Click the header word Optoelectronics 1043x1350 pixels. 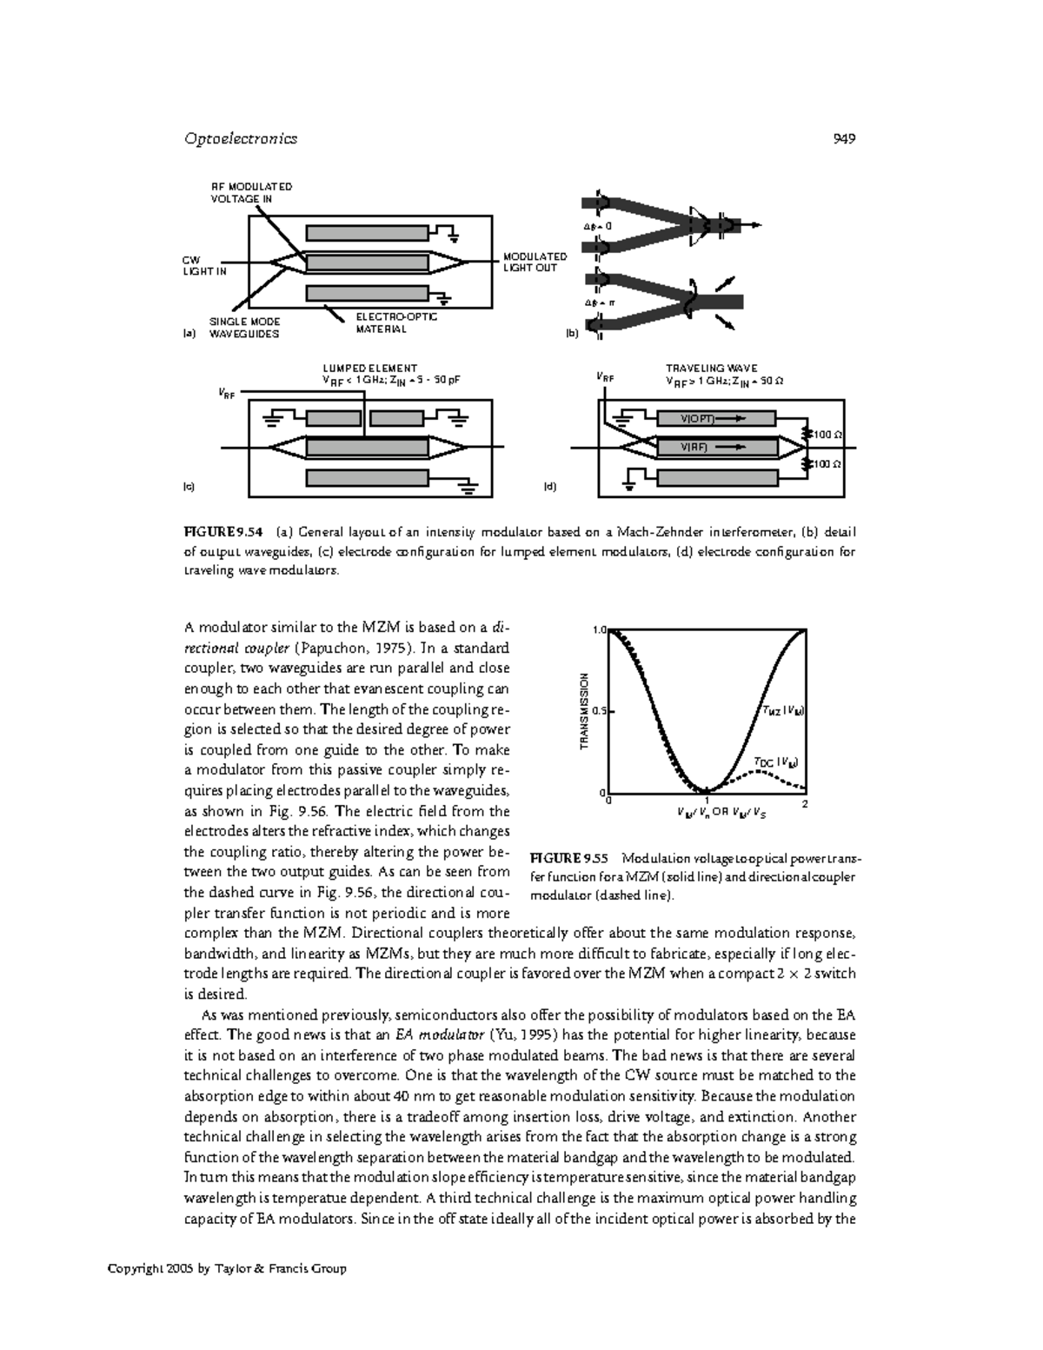[241, 138]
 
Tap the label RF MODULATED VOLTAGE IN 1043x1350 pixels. [251, 192]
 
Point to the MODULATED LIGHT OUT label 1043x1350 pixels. [535, 262]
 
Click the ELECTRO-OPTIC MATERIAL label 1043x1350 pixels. [395, 323]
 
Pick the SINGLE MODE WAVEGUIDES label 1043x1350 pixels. [244, 328]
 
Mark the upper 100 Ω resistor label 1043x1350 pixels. [828, 433]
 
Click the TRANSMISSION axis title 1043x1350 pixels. [585, 711]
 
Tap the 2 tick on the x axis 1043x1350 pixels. [805, 803]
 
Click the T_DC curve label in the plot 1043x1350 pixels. [774, 762]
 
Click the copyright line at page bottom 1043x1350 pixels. [227, 1268]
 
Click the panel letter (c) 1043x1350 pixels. [188, 487]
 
